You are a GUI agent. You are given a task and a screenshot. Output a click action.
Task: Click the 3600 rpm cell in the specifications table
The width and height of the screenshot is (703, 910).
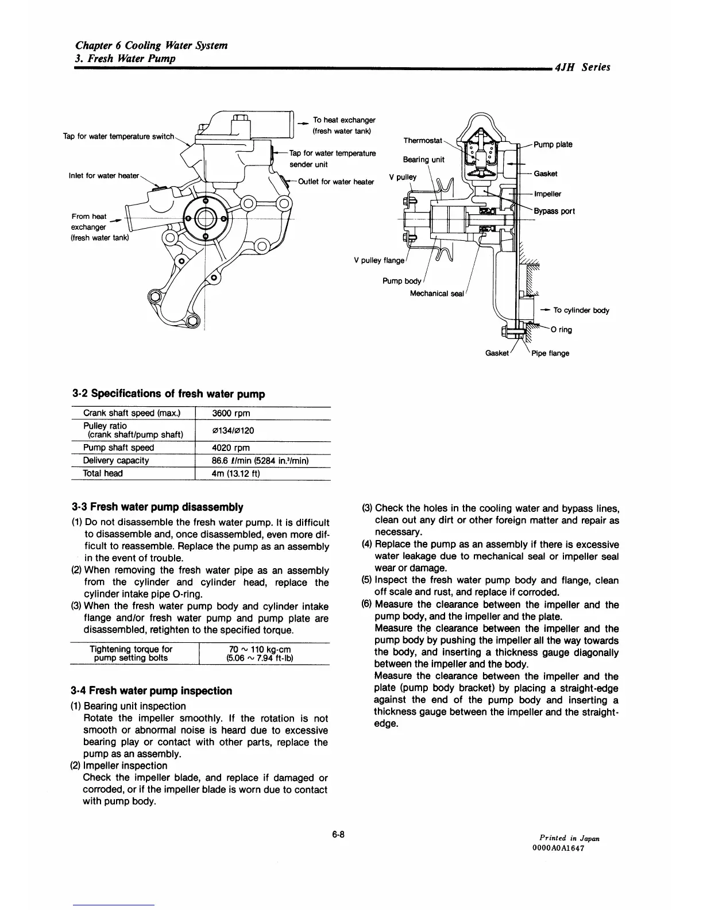[231, 414]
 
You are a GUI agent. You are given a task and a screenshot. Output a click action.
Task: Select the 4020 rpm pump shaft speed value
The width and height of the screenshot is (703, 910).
[231, 448]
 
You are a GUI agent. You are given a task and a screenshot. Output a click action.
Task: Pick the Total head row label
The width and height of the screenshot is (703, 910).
[103, 473]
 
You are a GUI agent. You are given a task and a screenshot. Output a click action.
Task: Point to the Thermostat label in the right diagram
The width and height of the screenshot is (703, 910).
[423, 141]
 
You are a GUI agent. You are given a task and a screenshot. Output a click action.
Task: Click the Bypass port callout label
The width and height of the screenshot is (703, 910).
[554, 211]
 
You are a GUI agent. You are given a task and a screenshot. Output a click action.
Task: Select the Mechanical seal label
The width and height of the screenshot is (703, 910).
[437, 294]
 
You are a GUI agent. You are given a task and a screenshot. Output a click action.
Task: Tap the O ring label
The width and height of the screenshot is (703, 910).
[561, 330]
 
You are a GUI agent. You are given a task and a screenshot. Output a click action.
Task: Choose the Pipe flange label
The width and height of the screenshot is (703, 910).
[550, 353]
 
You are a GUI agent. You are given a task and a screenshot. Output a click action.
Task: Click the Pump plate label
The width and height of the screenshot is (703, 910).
[553, 144]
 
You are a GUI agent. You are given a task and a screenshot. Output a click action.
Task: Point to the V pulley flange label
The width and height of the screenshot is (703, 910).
[379, 260]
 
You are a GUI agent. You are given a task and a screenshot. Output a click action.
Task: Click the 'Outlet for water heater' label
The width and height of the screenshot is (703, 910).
[336, 182]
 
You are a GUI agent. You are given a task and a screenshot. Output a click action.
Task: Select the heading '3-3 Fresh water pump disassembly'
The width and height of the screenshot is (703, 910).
[157, 507]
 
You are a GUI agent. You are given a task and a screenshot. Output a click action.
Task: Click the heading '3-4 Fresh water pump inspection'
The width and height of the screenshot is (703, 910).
[152, 691]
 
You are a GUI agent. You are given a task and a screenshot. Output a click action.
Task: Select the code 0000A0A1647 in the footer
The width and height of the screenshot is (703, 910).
[558, 849]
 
